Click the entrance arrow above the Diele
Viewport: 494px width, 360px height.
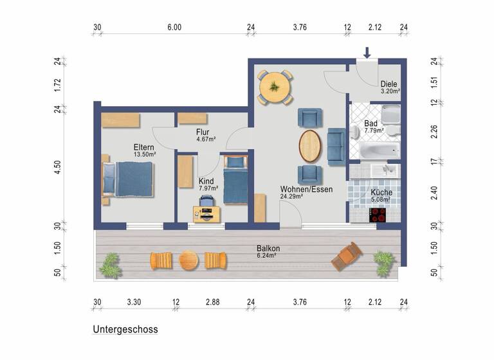click(x=367, y=52)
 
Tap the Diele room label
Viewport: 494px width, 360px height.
click(x=389, y=84)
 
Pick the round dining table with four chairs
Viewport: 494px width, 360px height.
click(x=275, y=87)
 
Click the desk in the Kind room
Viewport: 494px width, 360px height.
click(x=206, y=213)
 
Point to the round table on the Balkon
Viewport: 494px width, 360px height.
click(x=188, y=260)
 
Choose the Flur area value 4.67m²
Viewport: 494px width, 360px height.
click(x=205, y=138)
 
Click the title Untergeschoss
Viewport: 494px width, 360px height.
click(x=125, y=329)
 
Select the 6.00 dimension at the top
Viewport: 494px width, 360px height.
click(x=174, y=27)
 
